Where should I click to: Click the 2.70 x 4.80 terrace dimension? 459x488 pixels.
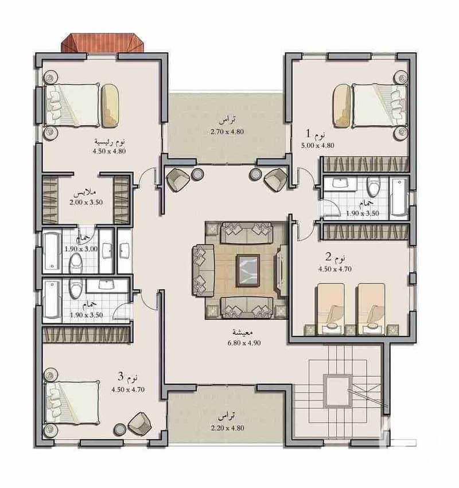point(227,132)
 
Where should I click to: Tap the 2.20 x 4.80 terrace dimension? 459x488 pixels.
point(227,428)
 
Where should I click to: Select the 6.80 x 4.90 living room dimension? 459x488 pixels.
point(244,343)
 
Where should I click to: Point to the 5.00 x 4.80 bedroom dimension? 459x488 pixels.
point(317,145)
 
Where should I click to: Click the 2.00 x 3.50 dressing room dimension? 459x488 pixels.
point(86,202)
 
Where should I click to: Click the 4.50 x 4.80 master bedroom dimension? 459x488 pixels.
point(109,151)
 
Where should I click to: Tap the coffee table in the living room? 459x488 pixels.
point(248,270)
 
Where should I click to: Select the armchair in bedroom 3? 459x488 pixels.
point(140,423)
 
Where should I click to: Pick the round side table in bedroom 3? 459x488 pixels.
point(119,430)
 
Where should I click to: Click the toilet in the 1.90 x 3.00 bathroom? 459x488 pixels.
point(75,263)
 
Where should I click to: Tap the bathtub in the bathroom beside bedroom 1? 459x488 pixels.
point(399,197)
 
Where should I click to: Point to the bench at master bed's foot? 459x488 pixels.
point(111,106)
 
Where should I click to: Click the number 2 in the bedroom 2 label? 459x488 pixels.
point(328,257)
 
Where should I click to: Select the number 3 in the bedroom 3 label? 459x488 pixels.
point(120,377)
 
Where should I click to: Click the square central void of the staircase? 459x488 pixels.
point(337,391)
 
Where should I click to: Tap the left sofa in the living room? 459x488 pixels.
point(203,271)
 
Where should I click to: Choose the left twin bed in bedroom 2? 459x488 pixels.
point(330,309)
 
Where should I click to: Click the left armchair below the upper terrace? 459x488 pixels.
point(178,179)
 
